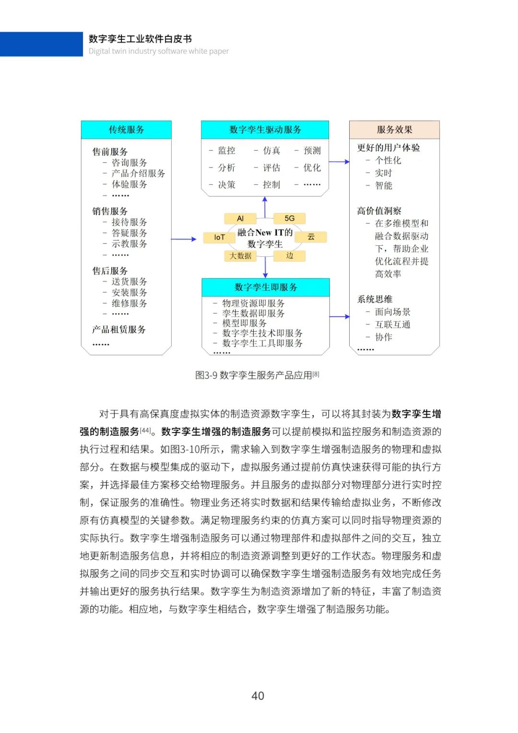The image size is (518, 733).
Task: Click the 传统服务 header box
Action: pos(126,130)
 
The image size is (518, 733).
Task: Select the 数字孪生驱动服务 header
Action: pos(265,130)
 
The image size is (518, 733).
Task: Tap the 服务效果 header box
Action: pos(394,130)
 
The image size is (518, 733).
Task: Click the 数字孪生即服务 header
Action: pos(265,287)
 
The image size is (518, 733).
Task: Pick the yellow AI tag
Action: pos(240,218)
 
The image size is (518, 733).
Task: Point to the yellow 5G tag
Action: pos(289,218)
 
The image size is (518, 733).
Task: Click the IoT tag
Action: pos(219,237)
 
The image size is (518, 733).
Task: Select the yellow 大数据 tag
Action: pos(240,256)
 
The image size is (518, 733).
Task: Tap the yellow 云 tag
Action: pos(311,237)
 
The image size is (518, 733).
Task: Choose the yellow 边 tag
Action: pos(289,256)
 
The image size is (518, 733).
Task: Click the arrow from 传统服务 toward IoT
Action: pos(184,239)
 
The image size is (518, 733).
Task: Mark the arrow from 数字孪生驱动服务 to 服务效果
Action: pos(339,162)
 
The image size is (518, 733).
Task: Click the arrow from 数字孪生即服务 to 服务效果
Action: pos(340,317)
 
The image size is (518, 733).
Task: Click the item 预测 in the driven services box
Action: pos(312,151)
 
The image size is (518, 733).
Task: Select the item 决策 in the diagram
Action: pos(226,185)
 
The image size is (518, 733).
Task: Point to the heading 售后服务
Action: pos(110,271)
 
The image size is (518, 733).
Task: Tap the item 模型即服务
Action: pos(244,323)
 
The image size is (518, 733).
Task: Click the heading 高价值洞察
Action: pos(379,211)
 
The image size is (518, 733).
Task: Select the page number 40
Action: pos(258,696)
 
